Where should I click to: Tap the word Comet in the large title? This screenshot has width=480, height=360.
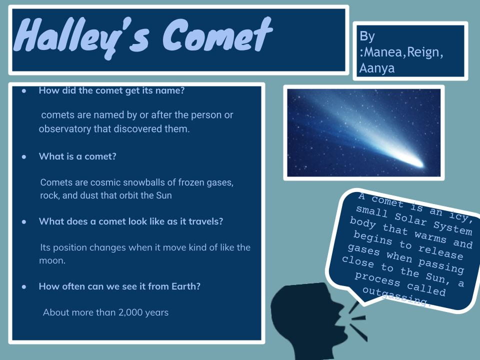(217, 36)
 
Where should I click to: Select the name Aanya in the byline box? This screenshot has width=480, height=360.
(376, 68)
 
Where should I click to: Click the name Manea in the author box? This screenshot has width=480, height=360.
(382, 52)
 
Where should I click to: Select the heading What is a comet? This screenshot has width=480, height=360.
(77, 156)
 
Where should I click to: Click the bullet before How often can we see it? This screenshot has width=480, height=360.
(23, 287)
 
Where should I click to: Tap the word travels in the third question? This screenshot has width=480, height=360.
(205, 221)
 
